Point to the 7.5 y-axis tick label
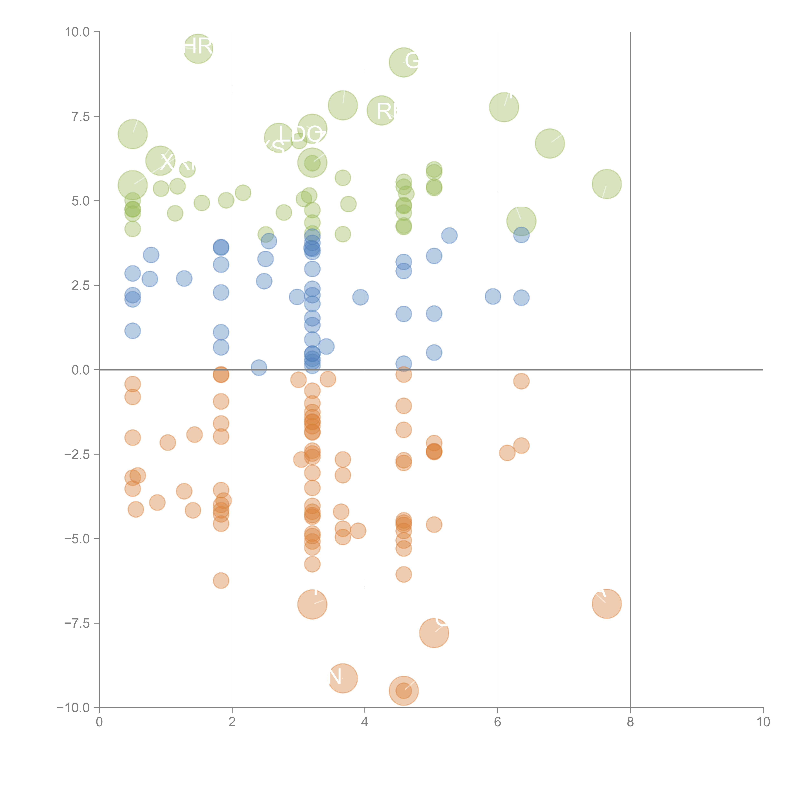click(81, 116)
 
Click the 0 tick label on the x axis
click(99, 722)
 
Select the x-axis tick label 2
click(232, 722)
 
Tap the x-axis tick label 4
click(365, 722)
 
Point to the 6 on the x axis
click(498, 722)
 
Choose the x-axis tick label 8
click(630, 722)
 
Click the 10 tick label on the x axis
click(763, 722)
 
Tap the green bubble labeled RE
click(381, 110)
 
